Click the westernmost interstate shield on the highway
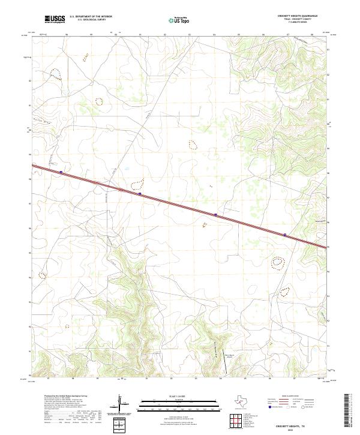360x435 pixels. [61, 172]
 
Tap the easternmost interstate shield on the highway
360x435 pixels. [285, 235]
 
